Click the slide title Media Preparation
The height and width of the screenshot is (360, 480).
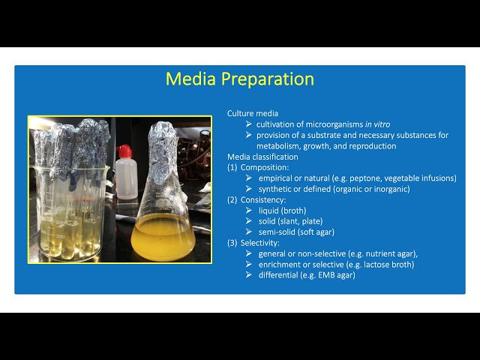(x=239, y=79)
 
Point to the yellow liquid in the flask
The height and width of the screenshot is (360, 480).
(x=163, y=238)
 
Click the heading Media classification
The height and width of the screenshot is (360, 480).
(x=262, y=157)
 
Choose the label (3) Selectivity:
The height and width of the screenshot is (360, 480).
(x=255, y=243)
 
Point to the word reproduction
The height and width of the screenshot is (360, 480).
(x=371, y=145)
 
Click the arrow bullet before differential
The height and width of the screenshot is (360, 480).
(x=249, y=275)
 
